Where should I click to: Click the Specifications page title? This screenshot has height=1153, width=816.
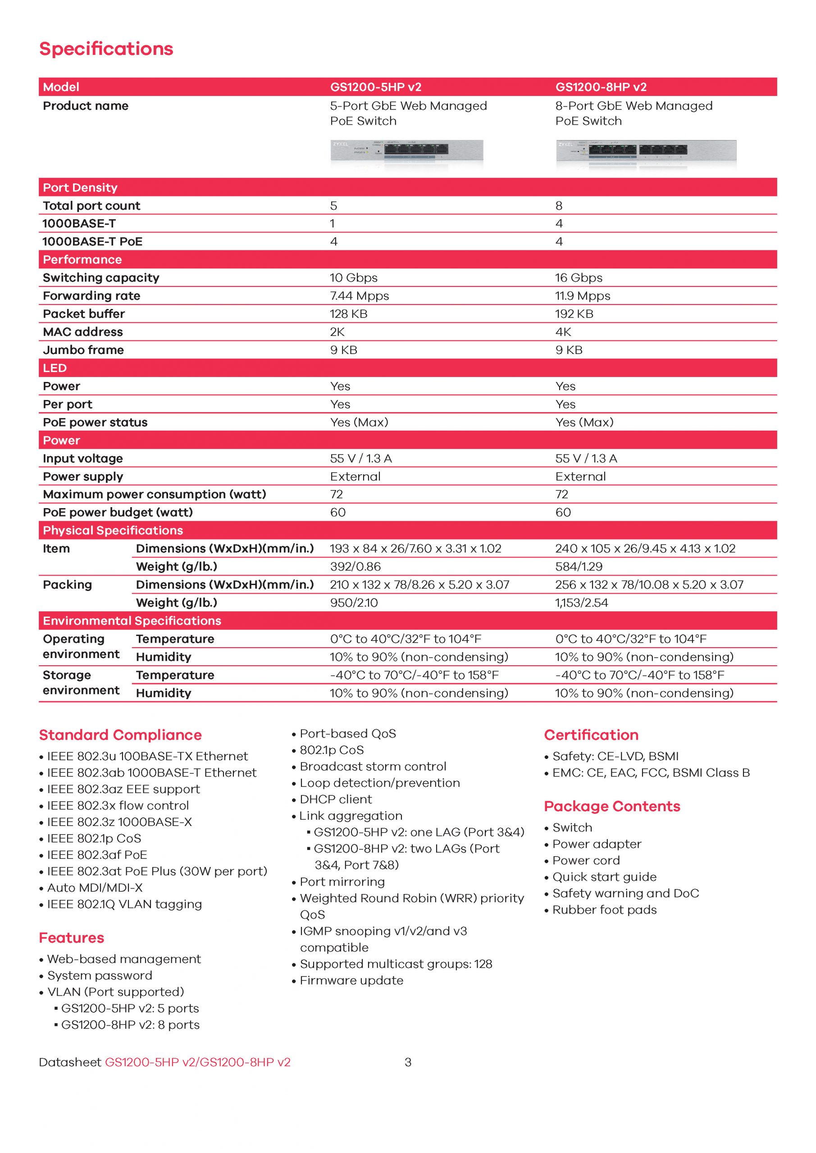(x=106, y=49)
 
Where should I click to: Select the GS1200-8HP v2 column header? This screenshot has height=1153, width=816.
(x=601, y=87)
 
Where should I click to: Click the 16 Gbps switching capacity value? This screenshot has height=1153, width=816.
(x=579, y=278)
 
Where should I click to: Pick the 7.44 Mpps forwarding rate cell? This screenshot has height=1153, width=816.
(x=359, y=296)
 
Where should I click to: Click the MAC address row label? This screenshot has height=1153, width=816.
(x=83, y=332)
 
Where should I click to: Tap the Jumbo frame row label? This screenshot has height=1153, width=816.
(x=83, y=350)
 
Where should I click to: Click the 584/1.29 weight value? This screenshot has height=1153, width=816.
(x=579, y=567)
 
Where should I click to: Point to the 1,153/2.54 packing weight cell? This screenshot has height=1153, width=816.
(x=581, y=603)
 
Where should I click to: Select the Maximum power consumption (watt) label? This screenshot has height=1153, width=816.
(x=154, y=494)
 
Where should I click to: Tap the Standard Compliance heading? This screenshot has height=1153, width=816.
(x=120, y=735)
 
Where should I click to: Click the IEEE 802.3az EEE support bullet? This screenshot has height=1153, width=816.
(x=123, y=789)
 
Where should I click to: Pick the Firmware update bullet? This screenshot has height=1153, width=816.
(x=351, y=980)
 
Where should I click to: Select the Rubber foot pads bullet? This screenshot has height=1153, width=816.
(x=604, y=909)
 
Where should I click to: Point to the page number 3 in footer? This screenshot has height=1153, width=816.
(x=408, y=1062)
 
